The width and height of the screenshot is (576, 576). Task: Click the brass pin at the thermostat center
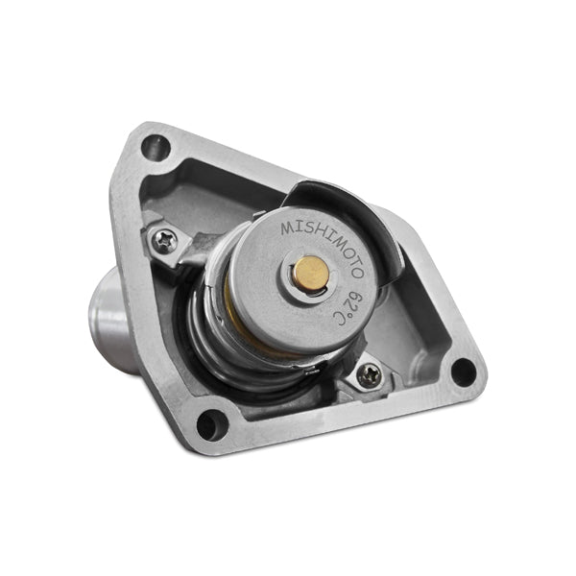(x=310, y=273)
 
